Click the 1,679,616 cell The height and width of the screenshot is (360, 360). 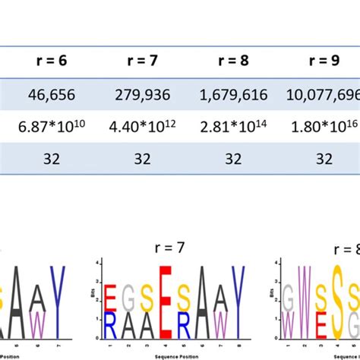(x=233, y=96)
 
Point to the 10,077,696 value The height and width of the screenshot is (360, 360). (x=324, y=96)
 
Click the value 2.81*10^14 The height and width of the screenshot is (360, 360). (x=233, y=127)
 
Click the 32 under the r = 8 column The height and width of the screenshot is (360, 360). (x=233, y=159)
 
